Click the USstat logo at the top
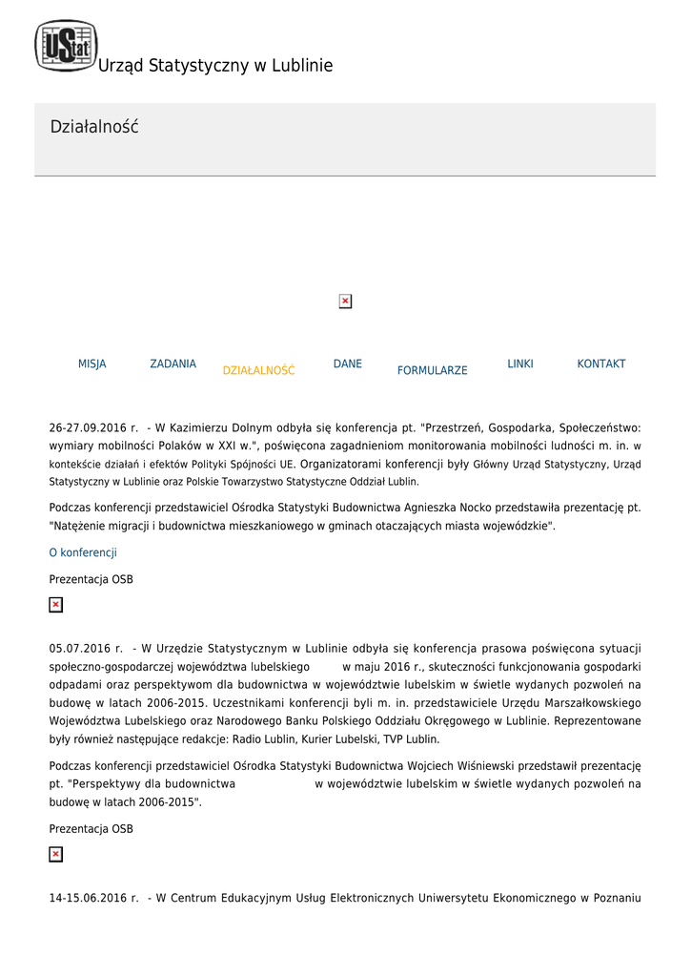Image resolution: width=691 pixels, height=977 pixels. (x=66, y=46)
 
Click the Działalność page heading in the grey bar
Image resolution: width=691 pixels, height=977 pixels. (x=94, y=127)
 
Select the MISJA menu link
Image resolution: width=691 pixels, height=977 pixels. (x=92, y=364)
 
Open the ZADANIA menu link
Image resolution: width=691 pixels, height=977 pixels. (x=173, y=364)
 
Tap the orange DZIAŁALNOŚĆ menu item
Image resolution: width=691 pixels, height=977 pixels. (x=258, y=370)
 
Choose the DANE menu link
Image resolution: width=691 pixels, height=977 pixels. (x=348, y=364)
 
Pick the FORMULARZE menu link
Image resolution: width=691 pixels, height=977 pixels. (x=432, y=370)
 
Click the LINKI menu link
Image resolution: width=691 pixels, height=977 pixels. (x=520, y=364)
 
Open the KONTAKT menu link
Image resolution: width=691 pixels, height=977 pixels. (x=601, y=364)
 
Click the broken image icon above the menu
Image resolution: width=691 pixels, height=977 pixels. (x=345, y=301)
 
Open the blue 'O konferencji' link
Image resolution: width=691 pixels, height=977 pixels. (x=83, y=552)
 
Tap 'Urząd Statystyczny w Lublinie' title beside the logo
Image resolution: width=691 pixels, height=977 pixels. (x=215, y=66)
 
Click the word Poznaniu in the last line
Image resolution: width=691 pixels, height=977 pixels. (x=616, y=898)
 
